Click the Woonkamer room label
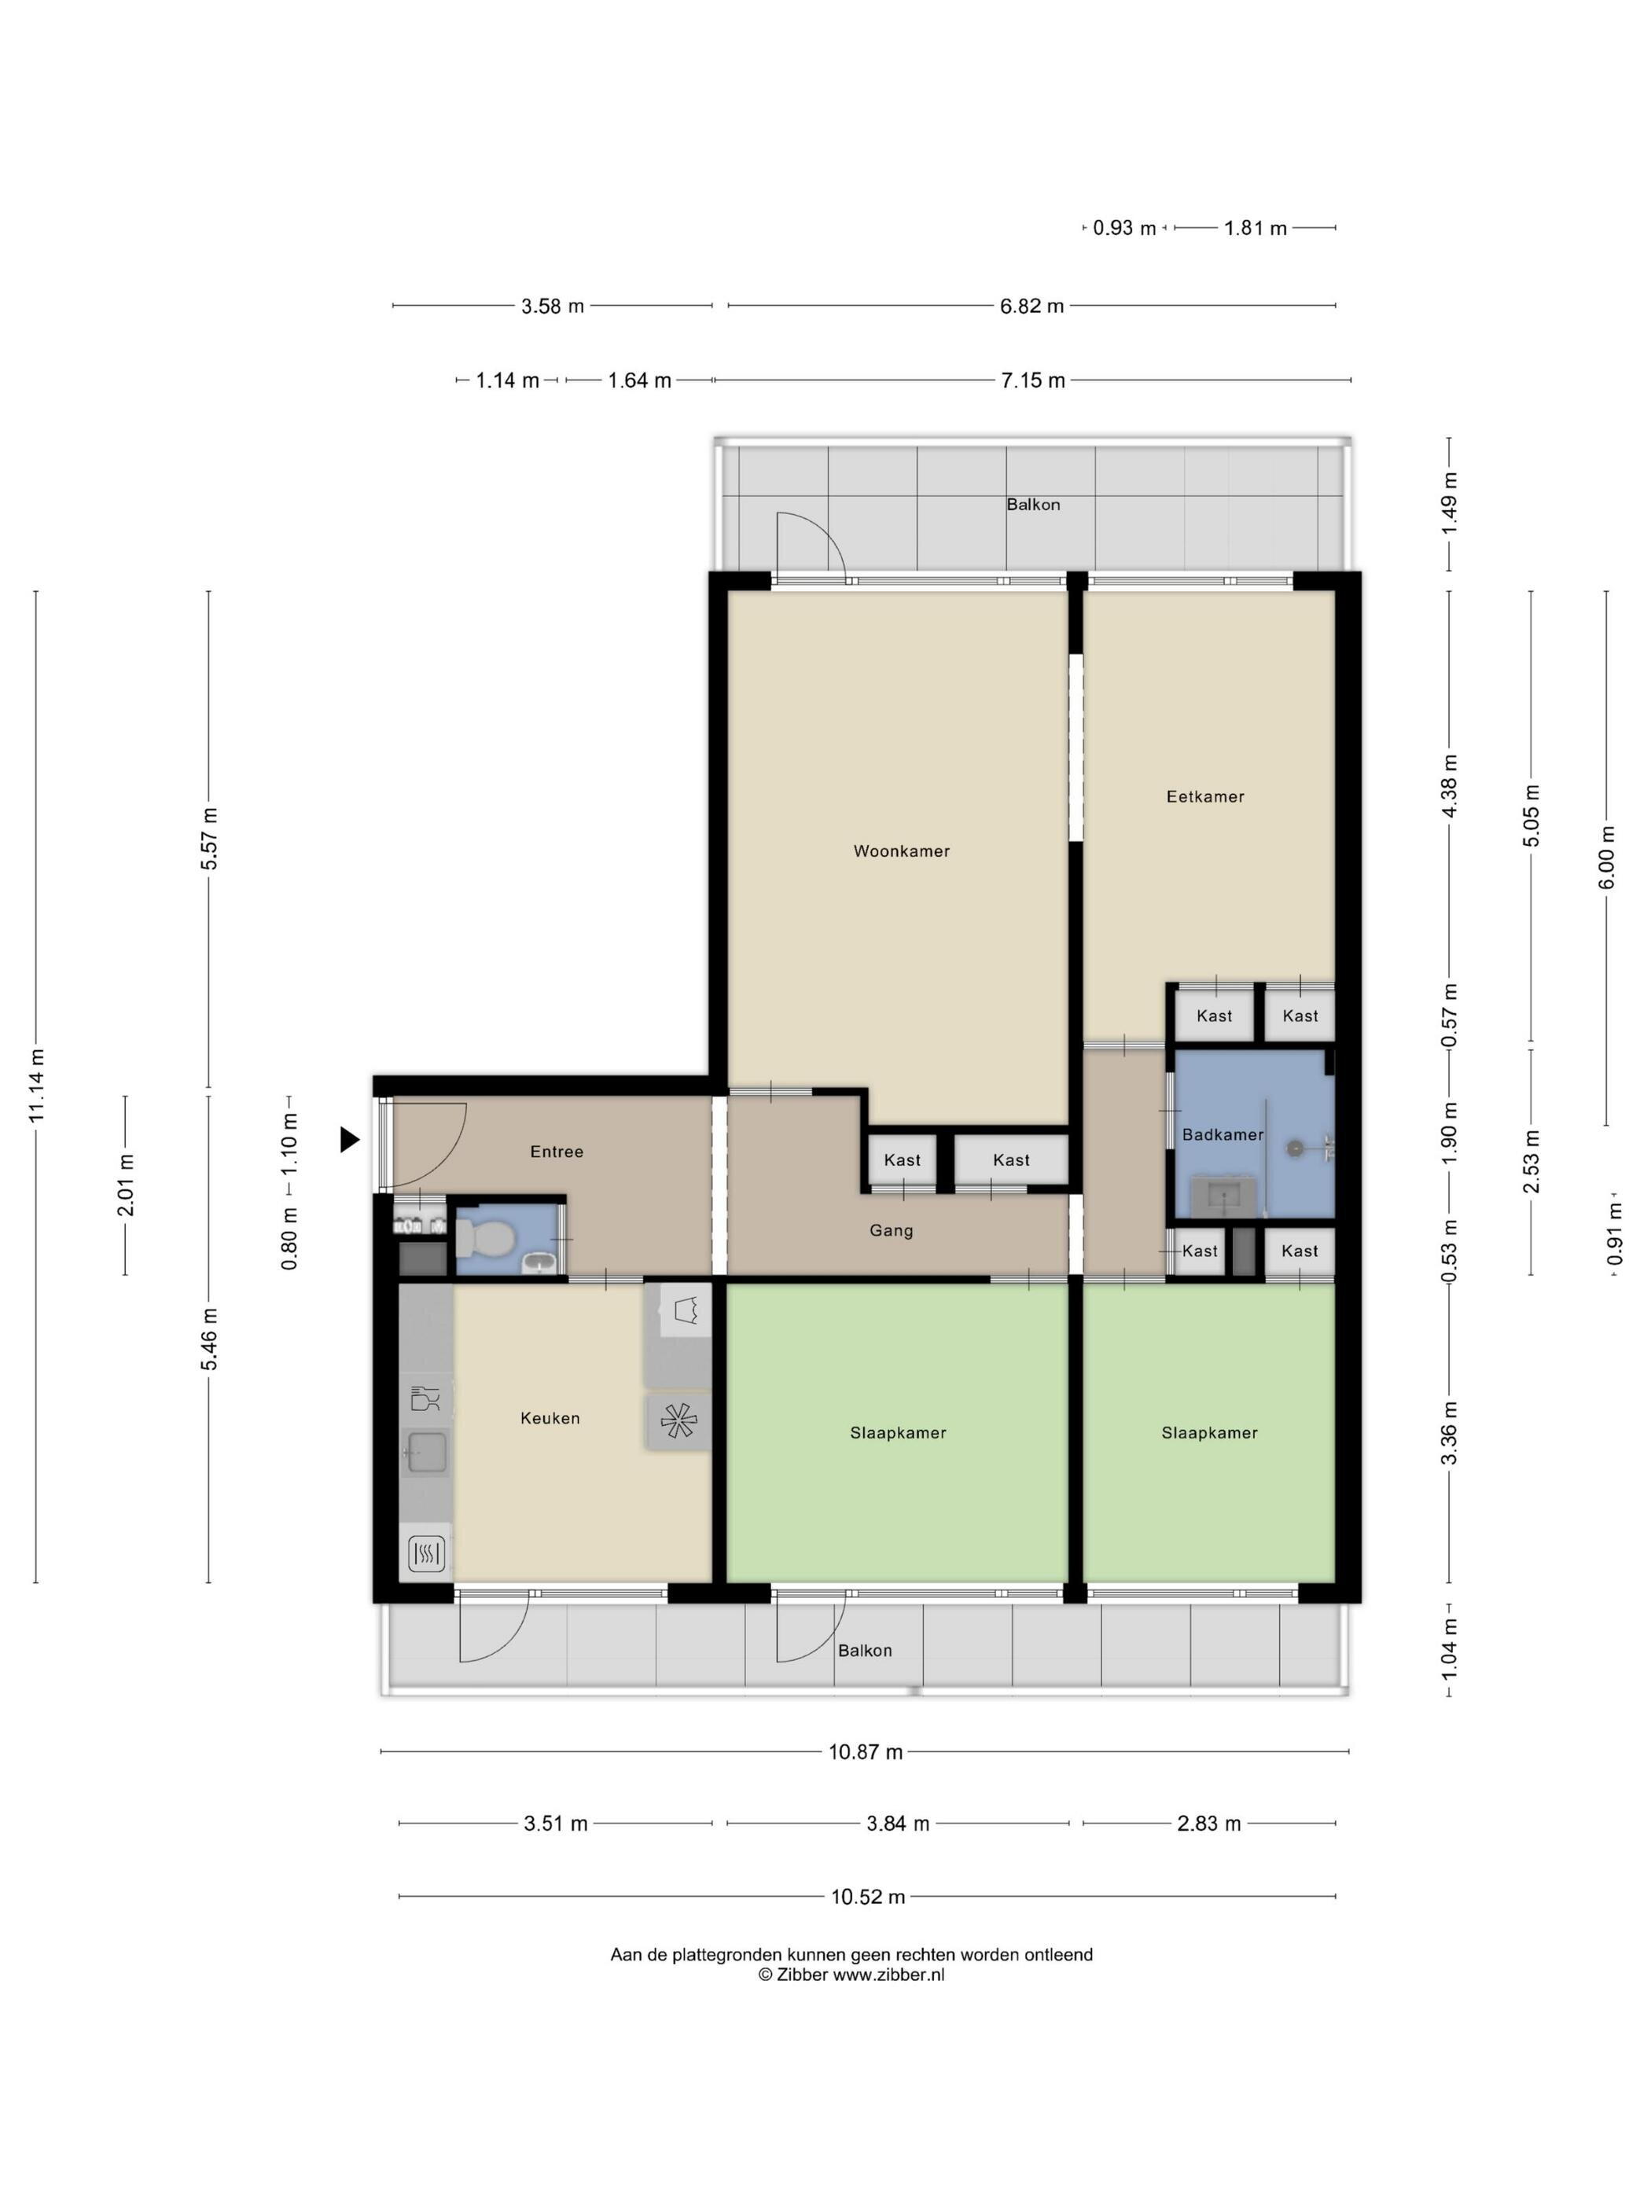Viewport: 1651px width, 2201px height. pos(901,851)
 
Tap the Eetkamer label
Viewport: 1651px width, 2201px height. pos(1205,796)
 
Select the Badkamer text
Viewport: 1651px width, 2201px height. pos(1222,1134)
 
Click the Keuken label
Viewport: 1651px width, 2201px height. pos(550,1418)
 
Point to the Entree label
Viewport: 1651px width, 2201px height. pos(557,1152)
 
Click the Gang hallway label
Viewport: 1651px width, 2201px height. pos(891,1231)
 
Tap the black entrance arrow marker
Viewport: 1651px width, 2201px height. pos(349,1139)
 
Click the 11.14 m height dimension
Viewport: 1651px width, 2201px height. pos(37,1086)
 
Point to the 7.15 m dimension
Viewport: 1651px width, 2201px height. pos(1033,380)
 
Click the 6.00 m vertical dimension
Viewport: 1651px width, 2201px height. pos(1606,858)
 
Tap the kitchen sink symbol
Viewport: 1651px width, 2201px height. pos(426,1453)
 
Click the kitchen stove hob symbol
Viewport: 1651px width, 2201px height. pos(678,1422)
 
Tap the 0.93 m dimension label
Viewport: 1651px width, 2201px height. pos(1124,228)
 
